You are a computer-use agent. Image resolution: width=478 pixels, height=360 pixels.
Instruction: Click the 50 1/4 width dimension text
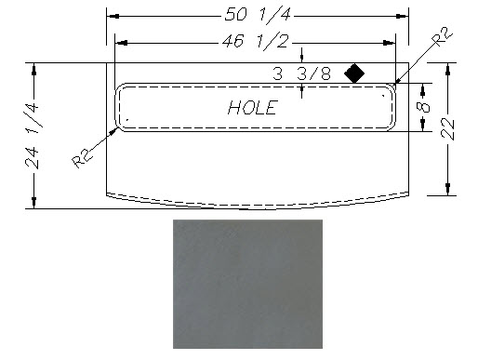pos(258,15)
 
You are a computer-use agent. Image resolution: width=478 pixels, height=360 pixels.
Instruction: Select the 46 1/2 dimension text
pos(255,41)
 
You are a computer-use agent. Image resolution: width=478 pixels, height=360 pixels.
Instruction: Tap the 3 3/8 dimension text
pos(301,73)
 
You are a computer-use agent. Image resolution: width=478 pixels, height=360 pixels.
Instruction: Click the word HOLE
pos(252,108)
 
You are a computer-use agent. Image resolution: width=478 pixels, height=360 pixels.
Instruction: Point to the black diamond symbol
pos(354,73)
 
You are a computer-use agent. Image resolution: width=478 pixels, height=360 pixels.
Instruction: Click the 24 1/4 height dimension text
pos(33,136)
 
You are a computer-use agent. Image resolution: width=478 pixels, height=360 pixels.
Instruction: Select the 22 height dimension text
pos(448,129)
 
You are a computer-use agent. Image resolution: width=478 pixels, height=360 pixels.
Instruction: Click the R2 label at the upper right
pos(443,36)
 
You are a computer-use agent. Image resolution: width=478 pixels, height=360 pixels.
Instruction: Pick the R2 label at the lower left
pos(83,158)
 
